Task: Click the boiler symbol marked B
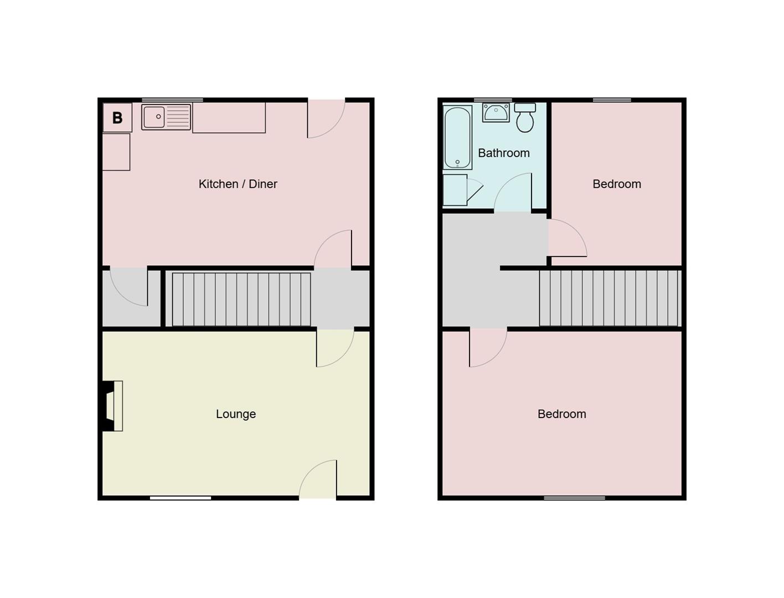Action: point(117,117)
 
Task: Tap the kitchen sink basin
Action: point(154,117)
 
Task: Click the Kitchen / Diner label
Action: point(238,184)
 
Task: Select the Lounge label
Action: point(236,414)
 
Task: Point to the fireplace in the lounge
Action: point(112,406)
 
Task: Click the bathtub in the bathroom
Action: point(457,137)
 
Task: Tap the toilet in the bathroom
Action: point(525,118)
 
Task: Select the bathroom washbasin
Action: point(496,112)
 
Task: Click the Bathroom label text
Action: point(503,153)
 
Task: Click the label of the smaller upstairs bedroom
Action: point(617,184)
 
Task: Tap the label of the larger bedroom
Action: point(561,414)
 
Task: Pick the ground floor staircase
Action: point(241,299)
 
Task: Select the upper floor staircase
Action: point(609,298)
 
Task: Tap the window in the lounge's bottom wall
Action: point(180,498)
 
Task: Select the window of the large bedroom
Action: point(574,498)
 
